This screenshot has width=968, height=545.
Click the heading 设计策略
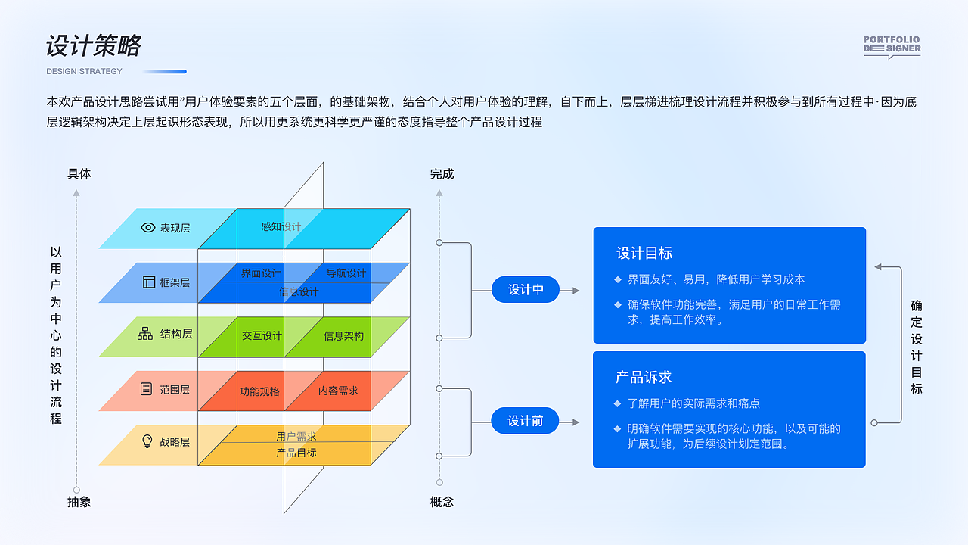click(x=94, y=46)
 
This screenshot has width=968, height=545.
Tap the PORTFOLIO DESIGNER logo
click(x=892, y=46)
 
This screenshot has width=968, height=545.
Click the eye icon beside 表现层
click(x=148, y=227)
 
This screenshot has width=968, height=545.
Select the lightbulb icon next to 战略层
click(x=147, y=441)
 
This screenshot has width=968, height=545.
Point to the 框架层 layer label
click(x=175, y=282)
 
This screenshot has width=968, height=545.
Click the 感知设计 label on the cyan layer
click(x=281, y=226)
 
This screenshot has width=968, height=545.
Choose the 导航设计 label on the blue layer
click(x=346, y=273)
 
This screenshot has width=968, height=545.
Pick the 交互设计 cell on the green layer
click(x=262, y=335)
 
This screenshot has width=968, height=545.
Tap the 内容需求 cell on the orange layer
click(x=338, y=391)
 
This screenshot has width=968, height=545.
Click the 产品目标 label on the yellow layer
click(x=296, y=453)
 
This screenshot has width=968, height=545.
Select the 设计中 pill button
click(x=526, y=290)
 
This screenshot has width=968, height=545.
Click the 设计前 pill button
click(x=526, y=421)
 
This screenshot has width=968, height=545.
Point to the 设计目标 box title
click(x=644, y=253)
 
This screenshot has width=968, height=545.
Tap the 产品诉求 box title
click(x=644, y=377)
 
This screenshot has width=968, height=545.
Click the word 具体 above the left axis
click(x=79, y=174)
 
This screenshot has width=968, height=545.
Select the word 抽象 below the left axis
click(x=79, y=502)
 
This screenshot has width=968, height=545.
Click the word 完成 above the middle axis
click(x=442, y=174)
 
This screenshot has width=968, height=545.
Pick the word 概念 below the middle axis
click(x=442, y=502)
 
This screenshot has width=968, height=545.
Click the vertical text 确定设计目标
click(x=917, y=347)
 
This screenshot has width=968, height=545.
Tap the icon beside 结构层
click(x=145, y=333)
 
